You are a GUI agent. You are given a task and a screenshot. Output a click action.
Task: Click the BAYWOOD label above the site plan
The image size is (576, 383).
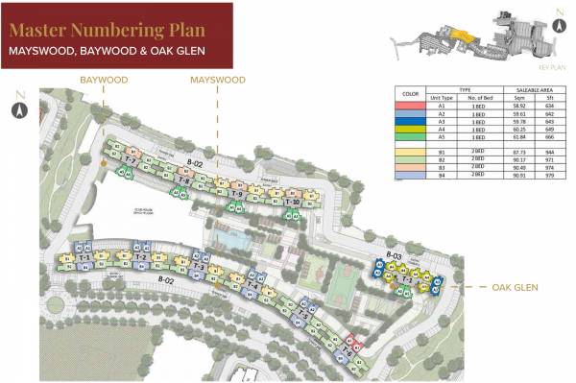104,80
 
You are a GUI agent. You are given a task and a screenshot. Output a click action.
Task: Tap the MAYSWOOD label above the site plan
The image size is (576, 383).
218,80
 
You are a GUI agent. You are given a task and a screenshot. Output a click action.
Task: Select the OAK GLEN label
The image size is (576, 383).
515,287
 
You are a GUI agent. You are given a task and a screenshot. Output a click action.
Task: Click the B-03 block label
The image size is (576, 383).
393,255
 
